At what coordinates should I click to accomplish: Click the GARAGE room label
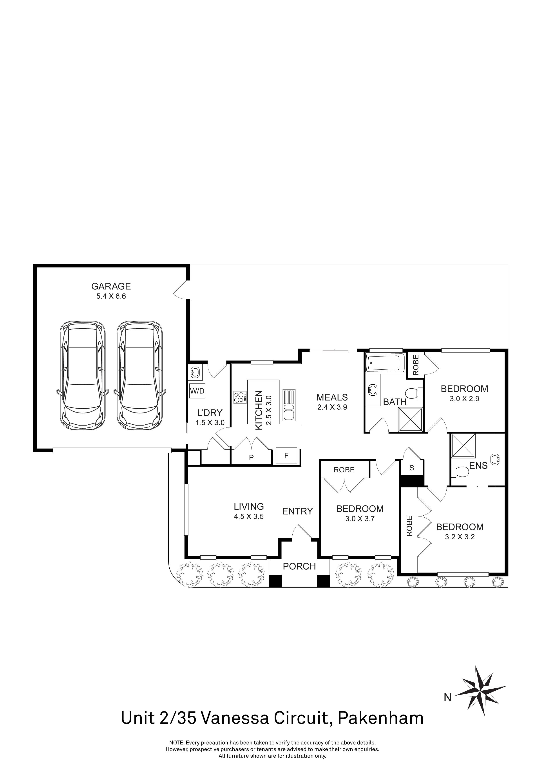111,286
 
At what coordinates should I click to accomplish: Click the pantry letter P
251,457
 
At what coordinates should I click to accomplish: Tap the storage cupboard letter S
412,467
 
